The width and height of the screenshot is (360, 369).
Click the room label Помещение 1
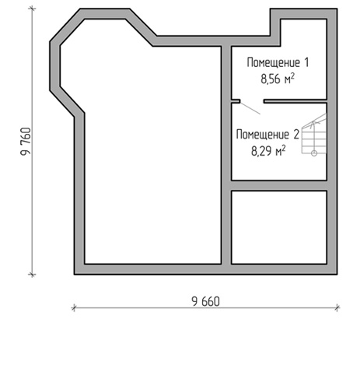point(278,62)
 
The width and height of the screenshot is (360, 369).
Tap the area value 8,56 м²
point(278,79)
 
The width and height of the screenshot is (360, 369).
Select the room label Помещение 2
point(267,135)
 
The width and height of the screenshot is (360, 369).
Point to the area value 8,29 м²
point(268,151)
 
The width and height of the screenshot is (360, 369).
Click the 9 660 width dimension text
point(205,301)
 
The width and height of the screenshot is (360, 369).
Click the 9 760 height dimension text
point(26,142)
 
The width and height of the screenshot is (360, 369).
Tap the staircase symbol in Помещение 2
point(314,135)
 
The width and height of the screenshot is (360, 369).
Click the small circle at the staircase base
point(314,153)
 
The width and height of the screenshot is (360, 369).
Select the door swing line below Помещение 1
point(250,108)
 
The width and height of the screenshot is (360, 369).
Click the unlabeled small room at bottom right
point(279,227)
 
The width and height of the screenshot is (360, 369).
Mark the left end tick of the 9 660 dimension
point(74,307)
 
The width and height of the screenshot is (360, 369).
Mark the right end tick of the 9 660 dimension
point(337,307)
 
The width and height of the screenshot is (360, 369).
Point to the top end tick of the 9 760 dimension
point(32,9)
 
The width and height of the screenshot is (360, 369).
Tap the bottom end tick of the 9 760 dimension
point(32,274)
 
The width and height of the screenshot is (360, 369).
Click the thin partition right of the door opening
point(295,101)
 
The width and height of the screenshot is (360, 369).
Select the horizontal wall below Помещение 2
point(279,186)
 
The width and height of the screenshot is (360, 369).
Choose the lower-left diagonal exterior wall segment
point(68,102)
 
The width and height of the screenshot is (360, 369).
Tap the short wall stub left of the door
point(236,101)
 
